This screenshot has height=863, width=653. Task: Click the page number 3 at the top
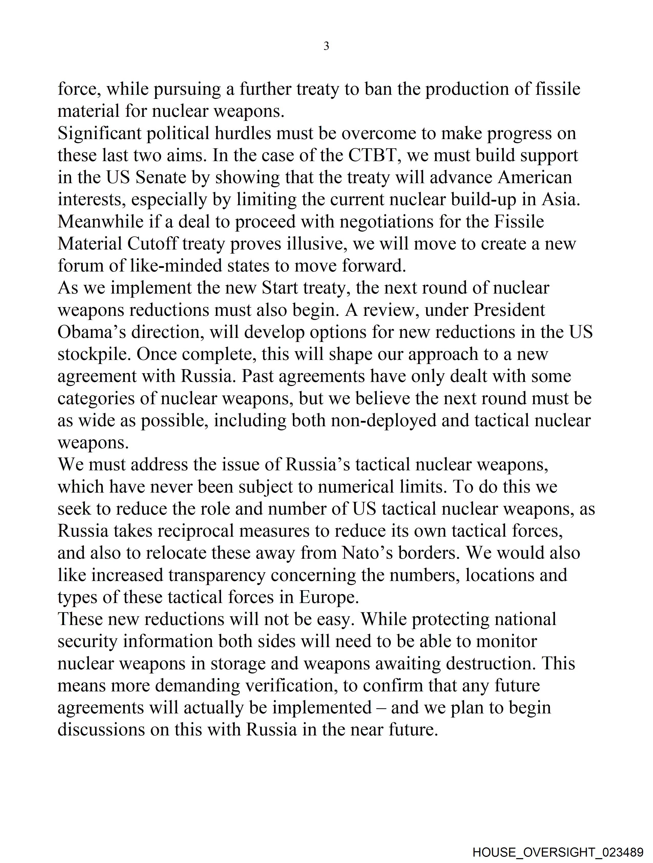pyautogui.click(x=326, y=46)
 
